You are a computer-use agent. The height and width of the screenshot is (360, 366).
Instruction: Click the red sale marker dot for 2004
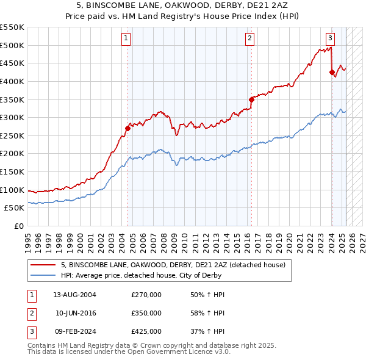pyautogui.click(x=128, y=128)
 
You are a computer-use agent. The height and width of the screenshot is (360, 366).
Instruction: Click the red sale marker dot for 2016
pyautogui.click(x=251, y=99)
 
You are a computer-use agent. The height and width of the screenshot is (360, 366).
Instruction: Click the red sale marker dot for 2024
pyautogui.click(x=332, y=72)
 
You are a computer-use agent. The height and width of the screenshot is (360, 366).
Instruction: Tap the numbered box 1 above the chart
pyautogui.click(x=126, y=38)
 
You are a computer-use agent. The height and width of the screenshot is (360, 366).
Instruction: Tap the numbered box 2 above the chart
pyautogui.click(x=250, y=38)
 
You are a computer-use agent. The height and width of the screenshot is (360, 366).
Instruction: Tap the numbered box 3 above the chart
pyautogui.click(x=330, y=38)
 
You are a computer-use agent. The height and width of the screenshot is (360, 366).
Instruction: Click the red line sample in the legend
pyautogui.click(x=44, y=265)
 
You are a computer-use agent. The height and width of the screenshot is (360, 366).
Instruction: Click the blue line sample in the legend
pyautogui.click(x=44, y=275)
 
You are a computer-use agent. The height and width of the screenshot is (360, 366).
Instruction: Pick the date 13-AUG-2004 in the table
pyautogui.click(x=74, y=295)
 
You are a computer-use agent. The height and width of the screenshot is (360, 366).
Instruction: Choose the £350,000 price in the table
pyautogui.click(x=146, y=313)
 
